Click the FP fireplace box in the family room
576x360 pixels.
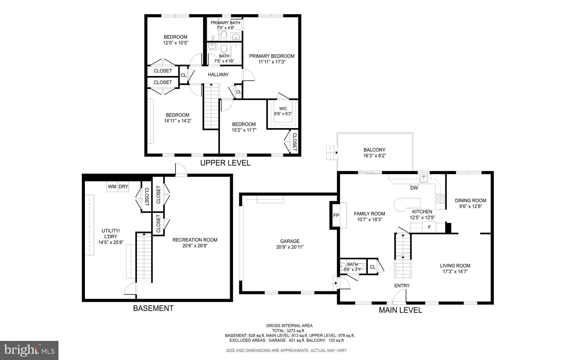[x=336, y=215]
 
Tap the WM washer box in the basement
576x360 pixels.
[x=112, y=187]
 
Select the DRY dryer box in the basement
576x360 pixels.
[x=123, y=187]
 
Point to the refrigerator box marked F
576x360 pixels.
[x=429, y=227]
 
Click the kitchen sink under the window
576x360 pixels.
[x=423, y=178]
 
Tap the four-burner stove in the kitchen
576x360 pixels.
[x=440, y=199]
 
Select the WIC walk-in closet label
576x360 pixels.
[x=283, y=109]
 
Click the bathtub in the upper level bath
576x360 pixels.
[x=236, y=54]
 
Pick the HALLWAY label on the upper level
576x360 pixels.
[x=218, y=75]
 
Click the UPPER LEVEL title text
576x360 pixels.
[x=225, y=163]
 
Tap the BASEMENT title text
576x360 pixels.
[x=153, y=308]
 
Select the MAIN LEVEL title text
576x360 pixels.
[x=400, y=310]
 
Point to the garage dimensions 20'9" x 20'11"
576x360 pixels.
[x=290, y=247]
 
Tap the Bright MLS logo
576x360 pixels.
[x=29, y=350]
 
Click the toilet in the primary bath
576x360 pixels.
[x=224, y=35]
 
